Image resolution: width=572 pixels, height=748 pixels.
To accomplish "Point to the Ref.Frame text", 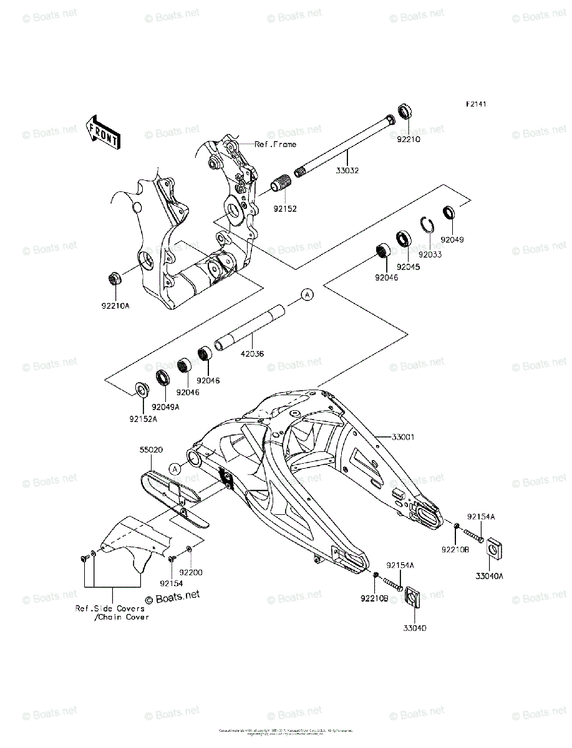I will tap(275, 144).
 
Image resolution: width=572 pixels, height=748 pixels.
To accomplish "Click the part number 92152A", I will tap(143, 420).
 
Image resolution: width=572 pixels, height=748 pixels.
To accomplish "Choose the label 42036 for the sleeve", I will tap(251, 353).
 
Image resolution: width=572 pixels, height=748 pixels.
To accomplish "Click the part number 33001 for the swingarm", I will tap(403, 437).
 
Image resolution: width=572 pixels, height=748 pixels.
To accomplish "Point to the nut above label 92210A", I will tap(114, 278).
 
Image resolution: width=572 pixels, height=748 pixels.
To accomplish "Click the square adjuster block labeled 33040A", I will tap(495, 547).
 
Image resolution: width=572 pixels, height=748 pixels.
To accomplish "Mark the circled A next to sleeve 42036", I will tap(307, 295).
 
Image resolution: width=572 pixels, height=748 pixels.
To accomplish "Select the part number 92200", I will tap(192, 572).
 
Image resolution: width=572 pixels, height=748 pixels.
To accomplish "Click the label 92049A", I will tap(166, 406).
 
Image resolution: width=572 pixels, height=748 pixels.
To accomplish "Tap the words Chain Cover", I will tap(122, 617).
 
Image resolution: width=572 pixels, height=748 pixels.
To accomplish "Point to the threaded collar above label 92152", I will tap(282, 184).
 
